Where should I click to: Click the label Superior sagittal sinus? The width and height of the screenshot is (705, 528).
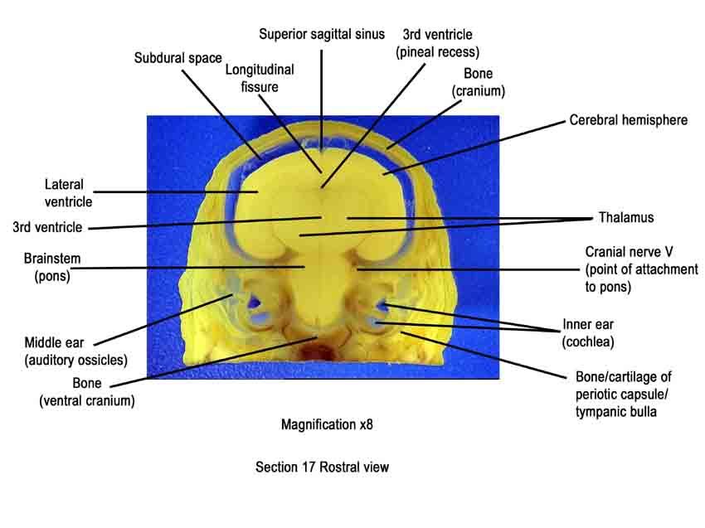coord(322,34)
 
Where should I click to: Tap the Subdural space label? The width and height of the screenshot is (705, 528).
coord(178,58)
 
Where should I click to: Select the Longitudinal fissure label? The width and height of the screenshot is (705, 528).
coord(260,78)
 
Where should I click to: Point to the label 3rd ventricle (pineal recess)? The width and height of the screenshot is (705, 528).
coord(437,43)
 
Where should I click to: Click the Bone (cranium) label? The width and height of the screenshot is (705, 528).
coord(479,82)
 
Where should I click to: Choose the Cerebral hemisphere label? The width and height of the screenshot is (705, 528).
coord(628,120)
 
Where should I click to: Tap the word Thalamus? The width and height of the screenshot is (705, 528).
coord(626,217)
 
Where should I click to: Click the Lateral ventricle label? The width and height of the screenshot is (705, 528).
coord(68,193)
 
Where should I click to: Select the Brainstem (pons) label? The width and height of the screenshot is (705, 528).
coord(52,267)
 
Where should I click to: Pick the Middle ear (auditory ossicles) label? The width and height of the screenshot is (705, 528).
coord(76,351)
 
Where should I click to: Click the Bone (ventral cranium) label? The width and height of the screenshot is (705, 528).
coord(87,392)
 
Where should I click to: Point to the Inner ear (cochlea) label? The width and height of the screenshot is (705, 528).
coord(588,333)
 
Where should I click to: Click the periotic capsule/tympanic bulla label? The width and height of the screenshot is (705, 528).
coord(622,394)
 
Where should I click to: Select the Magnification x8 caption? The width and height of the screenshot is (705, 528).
coord(327,424)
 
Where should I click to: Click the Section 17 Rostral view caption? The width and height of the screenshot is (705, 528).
coord(322,467)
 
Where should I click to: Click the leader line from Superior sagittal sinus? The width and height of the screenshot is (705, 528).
coord(321,100)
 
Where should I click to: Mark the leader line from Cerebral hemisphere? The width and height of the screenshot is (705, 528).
coord(474,147)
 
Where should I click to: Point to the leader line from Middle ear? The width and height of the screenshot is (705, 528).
coord(163,320)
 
